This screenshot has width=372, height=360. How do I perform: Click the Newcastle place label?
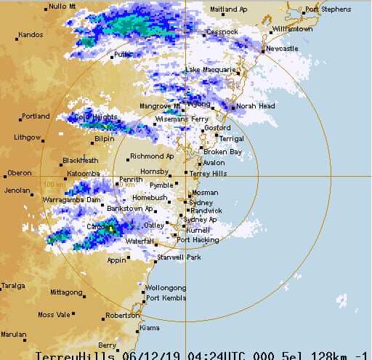tap(282, 49)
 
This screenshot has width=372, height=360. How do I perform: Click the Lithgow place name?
tap(28, 137)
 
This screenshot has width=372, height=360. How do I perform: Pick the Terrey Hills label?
tap(209, 174)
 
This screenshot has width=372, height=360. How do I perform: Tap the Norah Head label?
tap(255, 106)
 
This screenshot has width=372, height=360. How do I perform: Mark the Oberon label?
tap(19, 173)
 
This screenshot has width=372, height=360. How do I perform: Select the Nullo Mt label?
tap(62, 7)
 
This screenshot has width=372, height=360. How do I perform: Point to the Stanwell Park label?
tap(178, 257)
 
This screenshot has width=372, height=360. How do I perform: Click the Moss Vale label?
tap(55, 315)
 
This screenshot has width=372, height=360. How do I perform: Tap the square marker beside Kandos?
tap(14, 35)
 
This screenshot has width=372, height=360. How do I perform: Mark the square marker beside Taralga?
tap(3, 286)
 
